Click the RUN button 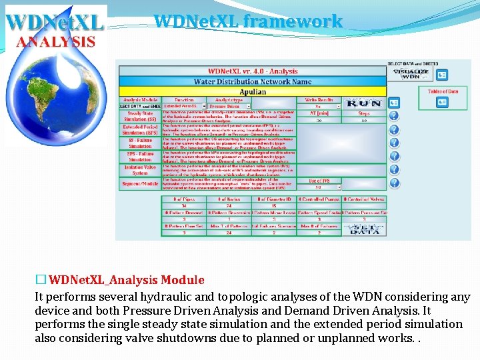364,104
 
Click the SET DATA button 364,228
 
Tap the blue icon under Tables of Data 442,102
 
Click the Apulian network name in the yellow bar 252,91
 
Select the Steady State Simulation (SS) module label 140,117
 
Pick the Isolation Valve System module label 140,171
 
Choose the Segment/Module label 140,184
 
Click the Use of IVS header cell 319,181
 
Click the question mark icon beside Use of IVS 394,181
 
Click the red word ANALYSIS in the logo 56,41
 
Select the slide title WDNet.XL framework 248,21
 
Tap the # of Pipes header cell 183,199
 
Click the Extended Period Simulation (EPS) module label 140,129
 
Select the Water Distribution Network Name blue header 252,81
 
